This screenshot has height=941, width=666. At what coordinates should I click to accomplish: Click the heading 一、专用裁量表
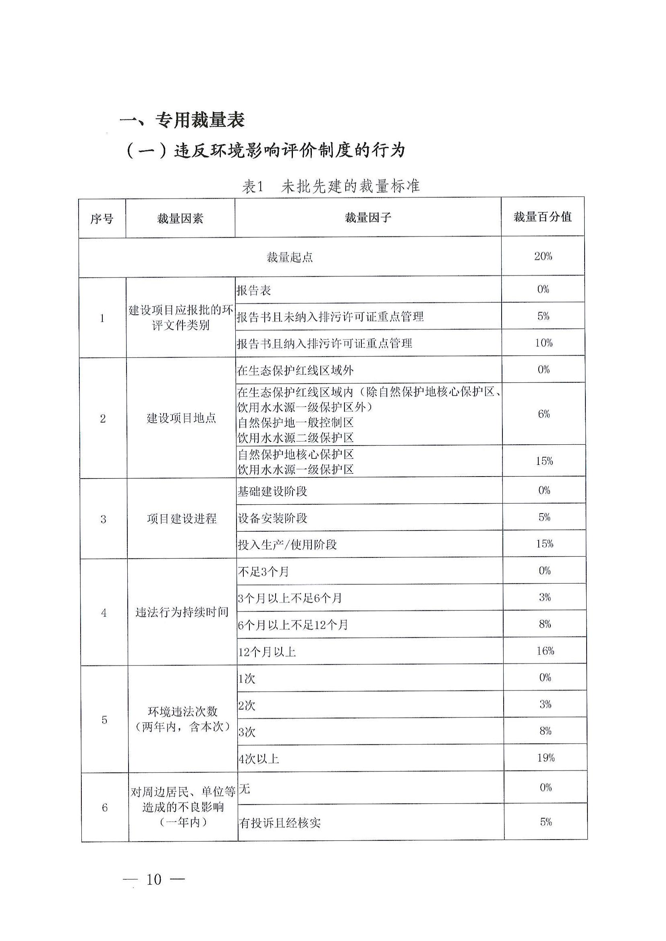tap(182, 120)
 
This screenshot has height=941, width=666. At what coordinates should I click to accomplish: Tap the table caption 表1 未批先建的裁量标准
tap(330, 187)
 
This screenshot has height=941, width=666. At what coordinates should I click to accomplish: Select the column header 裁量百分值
tap(542, 217)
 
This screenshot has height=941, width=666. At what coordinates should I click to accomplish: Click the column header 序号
tap(102, 219)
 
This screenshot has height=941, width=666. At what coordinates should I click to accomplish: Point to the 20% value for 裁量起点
tap(543, 257)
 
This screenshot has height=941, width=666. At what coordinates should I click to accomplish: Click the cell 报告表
tap(254, 291)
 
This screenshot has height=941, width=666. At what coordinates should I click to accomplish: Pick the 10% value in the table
tap(544, 343)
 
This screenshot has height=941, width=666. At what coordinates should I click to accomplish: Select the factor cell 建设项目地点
tap(181, 418)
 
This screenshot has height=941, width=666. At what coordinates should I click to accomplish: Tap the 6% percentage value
tap(544, 414)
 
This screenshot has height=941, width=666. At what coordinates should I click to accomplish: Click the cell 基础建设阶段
tap(272, 491)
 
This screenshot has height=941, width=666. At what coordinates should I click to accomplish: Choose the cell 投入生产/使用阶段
tap(287, 545)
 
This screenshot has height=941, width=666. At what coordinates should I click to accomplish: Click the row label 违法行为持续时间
tap(182, 612)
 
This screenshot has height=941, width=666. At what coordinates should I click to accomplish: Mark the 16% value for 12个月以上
tap(545, 651)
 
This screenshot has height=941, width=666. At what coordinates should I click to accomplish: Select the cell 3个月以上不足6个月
tap(290, 598)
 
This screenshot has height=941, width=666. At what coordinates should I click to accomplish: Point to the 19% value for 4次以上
tap(546, 758)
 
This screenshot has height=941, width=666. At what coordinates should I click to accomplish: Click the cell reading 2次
tap(247, 705)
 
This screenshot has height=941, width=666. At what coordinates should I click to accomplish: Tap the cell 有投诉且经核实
tap(280, 823)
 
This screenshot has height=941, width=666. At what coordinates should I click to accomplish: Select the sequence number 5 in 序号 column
tap(104, 719)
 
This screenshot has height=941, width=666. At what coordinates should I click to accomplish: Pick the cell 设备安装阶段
tap(272, 518)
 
